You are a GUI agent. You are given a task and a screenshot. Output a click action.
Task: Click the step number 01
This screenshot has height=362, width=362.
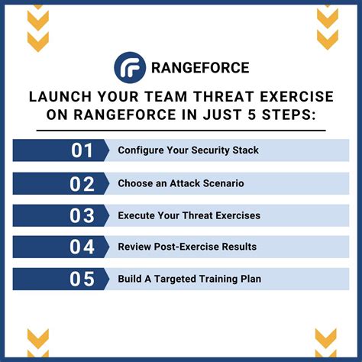click(82, 150)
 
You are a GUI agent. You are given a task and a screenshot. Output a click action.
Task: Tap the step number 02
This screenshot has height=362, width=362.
click(82, 183)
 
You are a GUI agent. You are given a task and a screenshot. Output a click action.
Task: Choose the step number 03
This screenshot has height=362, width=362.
click(82, 215)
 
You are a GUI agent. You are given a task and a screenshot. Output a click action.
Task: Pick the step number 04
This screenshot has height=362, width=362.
click(82, 247)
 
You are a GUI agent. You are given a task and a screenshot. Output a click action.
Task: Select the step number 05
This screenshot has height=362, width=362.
click(82, 279)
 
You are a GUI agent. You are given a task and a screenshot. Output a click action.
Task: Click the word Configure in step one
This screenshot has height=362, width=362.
click(142, 150)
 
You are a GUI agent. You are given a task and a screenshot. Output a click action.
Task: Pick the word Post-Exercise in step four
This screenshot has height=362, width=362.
click(194, 247)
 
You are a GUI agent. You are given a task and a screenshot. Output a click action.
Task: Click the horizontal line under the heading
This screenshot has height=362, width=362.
click(181, 130)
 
